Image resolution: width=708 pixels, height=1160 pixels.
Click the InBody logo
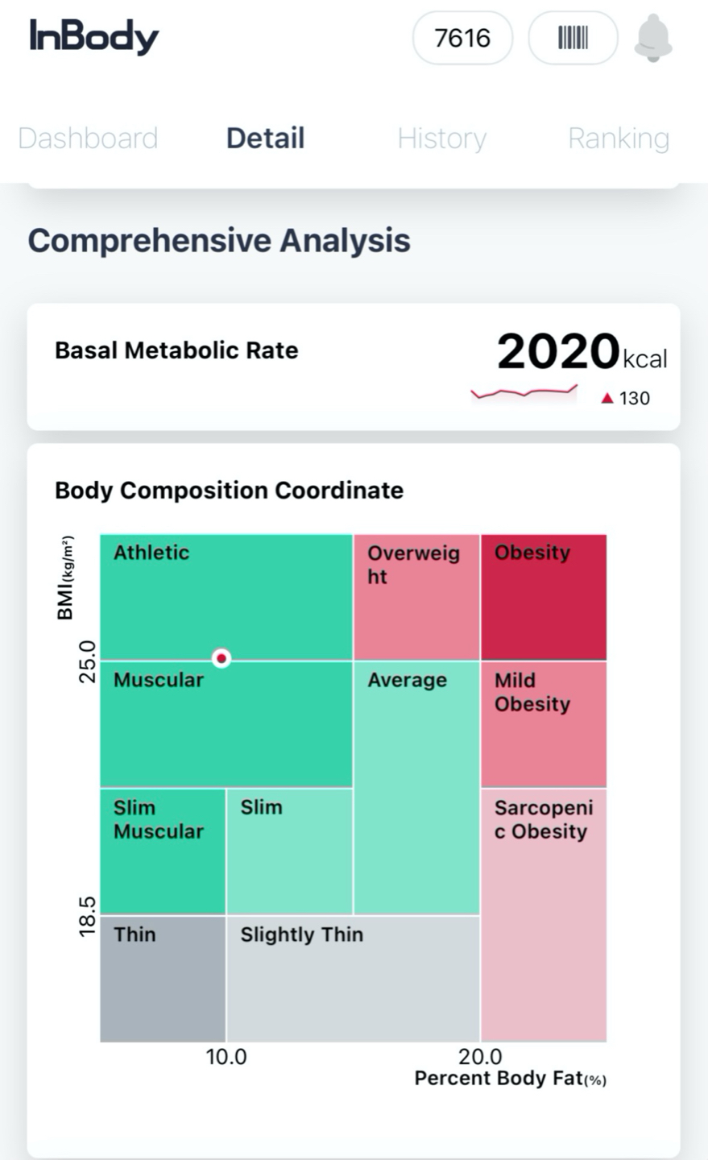coord(94,37)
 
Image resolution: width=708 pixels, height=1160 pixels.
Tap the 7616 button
coord(462,38)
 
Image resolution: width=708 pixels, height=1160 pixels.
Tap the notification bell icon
coord(653,38)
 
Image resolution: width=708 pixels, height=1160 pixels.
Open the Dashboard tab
coord(88,139)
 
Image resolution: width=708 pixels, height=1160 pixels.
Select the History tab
coord(441,139)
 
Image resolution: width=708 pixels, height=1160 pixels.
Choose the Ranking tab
coord(619,139)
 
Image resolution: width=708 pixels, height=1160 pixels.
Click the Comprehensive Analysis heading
coord(219,240)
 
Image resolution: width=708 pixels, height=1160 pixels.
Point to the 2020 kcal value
coord(582,353)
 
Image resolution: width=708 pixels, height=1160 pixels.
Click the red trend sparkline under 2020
coord(524,393)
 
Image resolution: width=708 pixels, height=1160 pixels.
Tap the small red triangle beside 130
coord(607,398)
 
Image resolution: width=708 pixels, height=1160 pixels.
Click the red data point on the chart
coord(222,658)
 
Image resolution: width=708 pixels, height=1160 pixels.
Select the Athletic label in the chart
coord(151,553)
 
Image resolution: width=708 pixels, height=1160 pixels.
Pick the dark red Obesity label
coord(532,553)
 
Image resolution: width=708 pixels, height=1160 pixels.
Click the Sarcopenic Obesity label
coord(544,819)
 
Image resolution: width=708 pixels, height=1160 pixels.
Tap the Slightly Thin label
coord(302,934)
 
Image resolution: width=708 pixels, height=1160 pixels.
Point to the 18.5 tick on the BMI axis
coord(87,916)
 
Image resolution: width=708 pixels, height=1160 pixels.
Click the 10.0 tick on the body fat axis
coord(226,1057)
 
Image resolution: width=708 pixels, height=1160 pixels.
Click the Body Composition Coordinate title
coord(229,491)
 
